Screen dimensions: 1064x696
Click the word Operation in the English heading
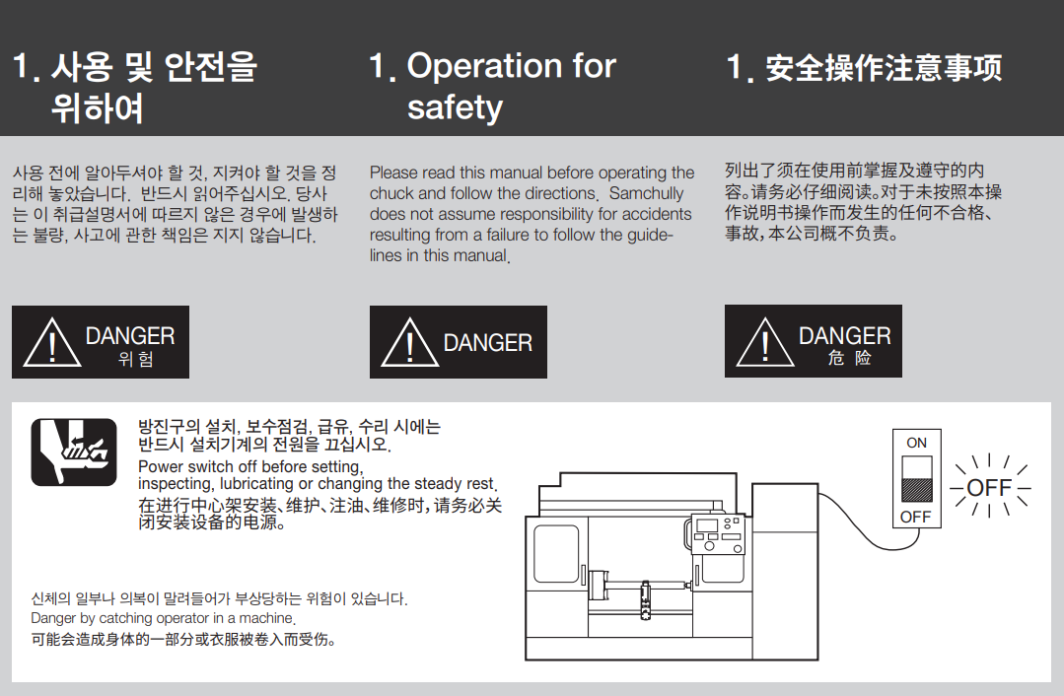(484, 66)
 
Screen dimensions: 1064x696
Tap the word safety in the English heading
(455, 107)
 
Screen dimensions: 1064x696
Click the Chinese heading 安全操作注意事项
(883, 68)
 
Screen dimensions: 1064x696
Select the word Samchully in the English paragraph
(646, 193)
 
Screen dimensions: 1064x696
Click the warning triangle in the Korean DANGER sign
(52, 342)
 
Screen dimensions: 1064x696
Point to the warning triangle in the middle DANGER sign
(410, 342)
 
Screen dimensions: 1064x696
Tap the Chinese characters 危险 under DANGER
(849, 358)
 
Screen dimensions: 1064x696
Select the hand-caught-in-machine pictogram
(74, 452)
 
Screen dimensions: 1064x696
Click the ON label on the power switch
(916, 443)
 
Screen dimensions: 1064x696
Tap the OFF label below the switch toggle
(915, 517)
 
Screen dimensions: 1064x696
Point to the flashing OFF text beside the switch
(989, 487)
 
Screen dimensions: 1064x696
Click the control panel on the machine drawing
(719, 534)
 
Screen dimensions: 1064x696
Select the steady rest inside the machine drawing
(645, 599)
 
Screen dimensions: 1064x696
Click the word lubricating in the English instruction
(257, 484)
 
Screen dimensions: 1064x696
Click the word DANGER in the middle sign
(488, 342)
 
